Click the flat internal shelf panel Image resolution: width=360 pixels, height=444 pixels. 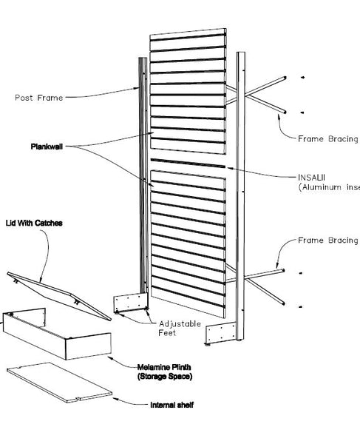pyautogui.click(x=59, y=384)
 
